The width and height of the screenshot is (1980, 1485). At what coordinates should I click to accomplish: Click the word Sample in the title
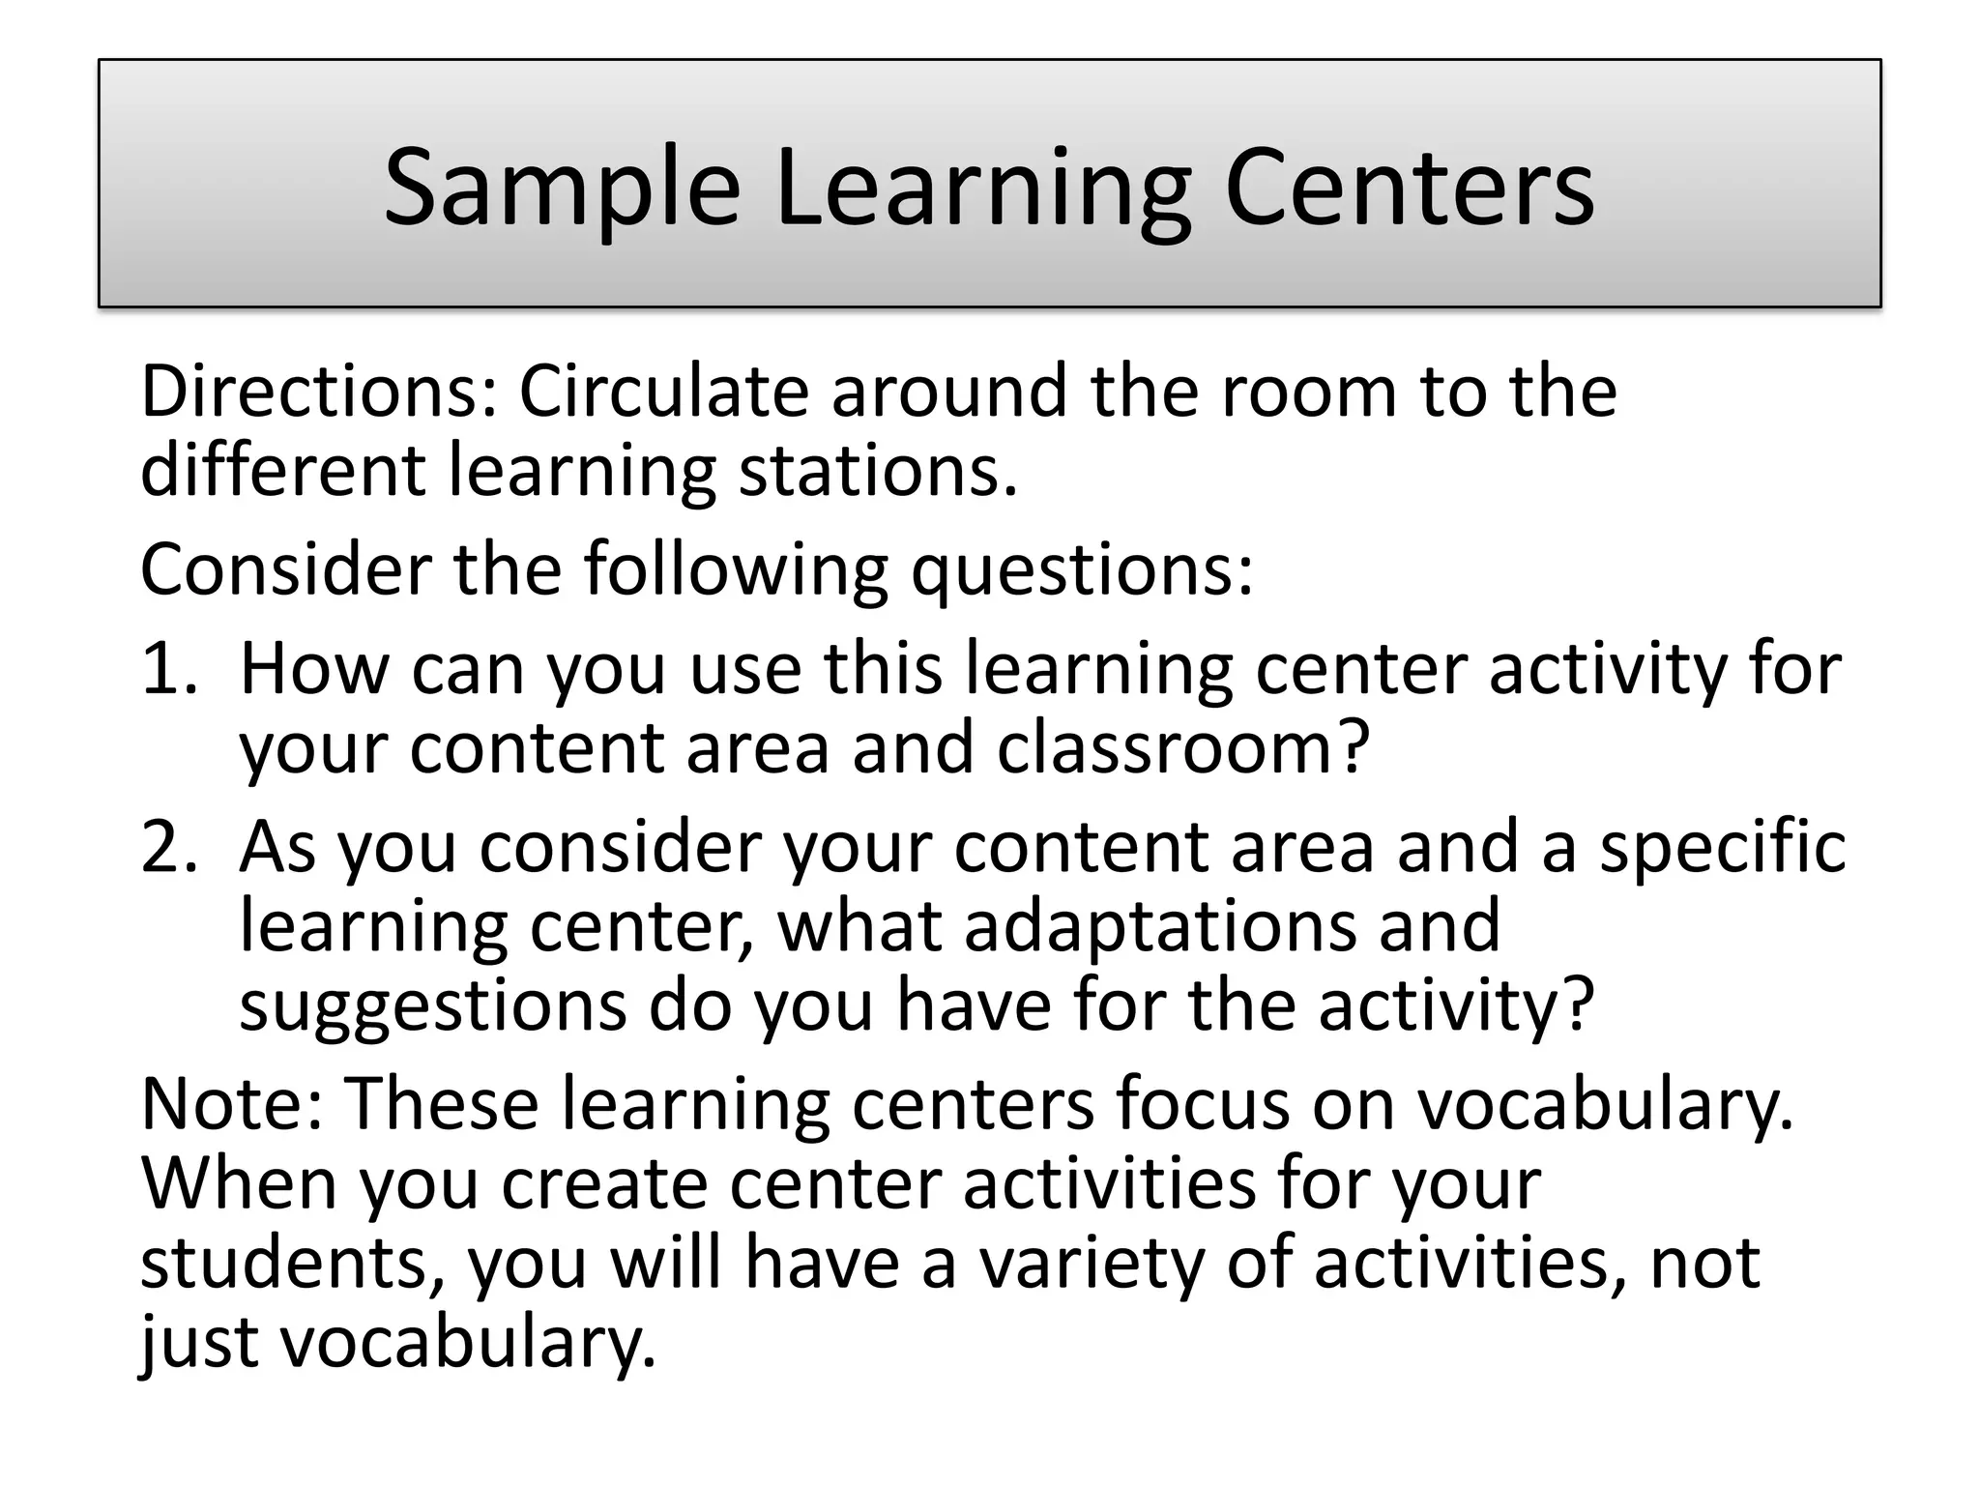tap(562, 189)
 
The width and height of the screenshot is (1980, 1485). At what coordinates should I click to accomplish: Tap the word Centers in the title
tap(1409, 189)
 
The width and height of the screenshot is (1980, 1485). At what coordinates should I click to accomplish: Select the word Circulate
tap(663, 392)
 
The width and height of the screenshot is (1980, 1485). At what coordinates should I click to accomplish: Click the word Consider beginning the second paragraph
tap(285, 569)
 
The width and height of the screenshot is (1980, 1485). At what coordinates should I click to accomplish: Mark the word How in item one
tap(313, 669)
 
